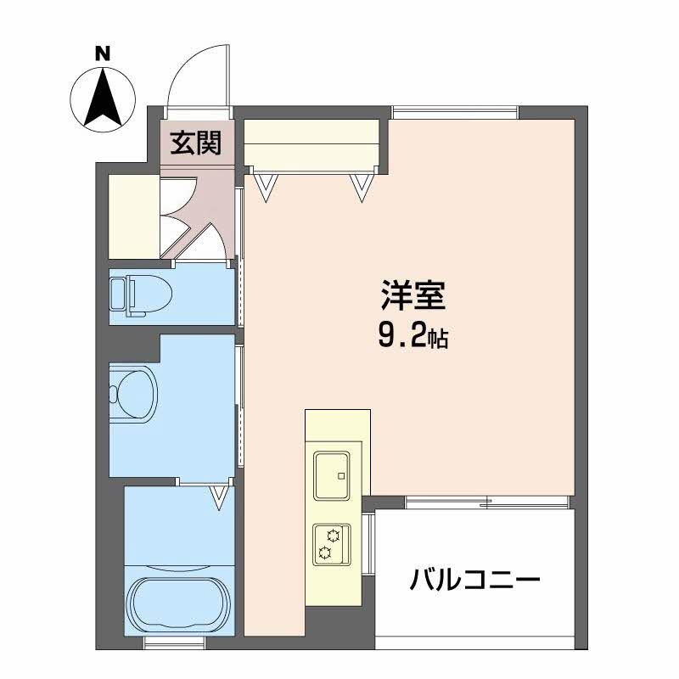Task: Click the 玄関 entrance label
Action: point(195,143)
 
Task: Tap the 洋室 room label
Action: point(413,295)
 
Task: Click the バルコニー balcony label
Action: point(475,581)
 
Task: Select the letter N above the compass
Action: point(103,54)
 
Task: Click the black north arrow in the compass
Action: point(103,97)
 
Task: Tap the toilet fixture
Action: point(141,294)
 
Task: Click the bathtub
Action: point(179,601)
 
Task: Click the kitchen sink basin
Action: point(332,475)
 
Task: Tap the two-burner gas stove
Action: point(332,544)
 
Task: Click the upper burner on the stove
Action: point(334,536)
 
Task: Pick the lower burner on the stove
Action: point(324,553)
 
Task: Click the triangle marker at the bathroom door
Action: point(220,497)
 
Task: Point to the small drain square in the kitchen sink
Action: point(341,476)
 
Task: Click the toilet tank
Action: point(117,294)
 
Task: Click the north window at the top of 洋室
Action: point(455,113)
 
